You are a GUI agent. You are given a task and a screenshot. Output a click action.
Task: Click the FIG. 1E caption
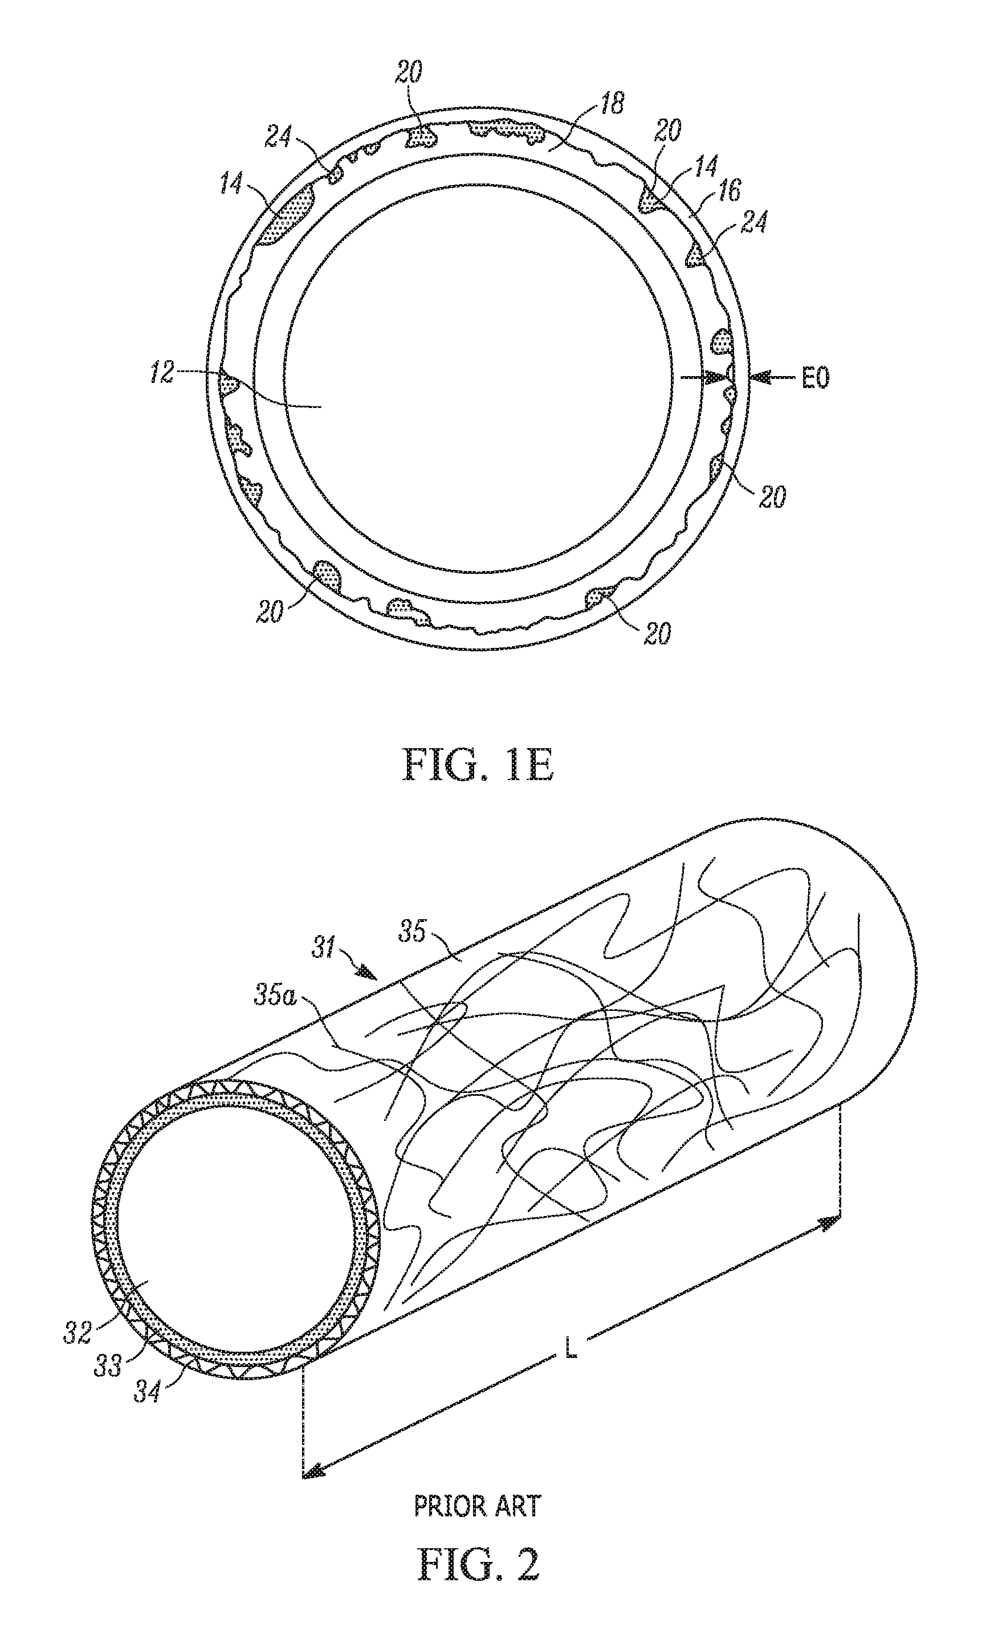478,767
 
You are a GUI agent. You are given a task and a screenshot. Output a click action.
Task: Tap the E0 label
815,378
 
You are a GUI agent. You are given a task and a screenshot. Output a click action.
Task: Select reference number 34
147,1393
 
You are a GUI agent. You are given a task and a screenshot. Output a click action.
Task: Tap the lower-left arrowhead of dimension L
312,1471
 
